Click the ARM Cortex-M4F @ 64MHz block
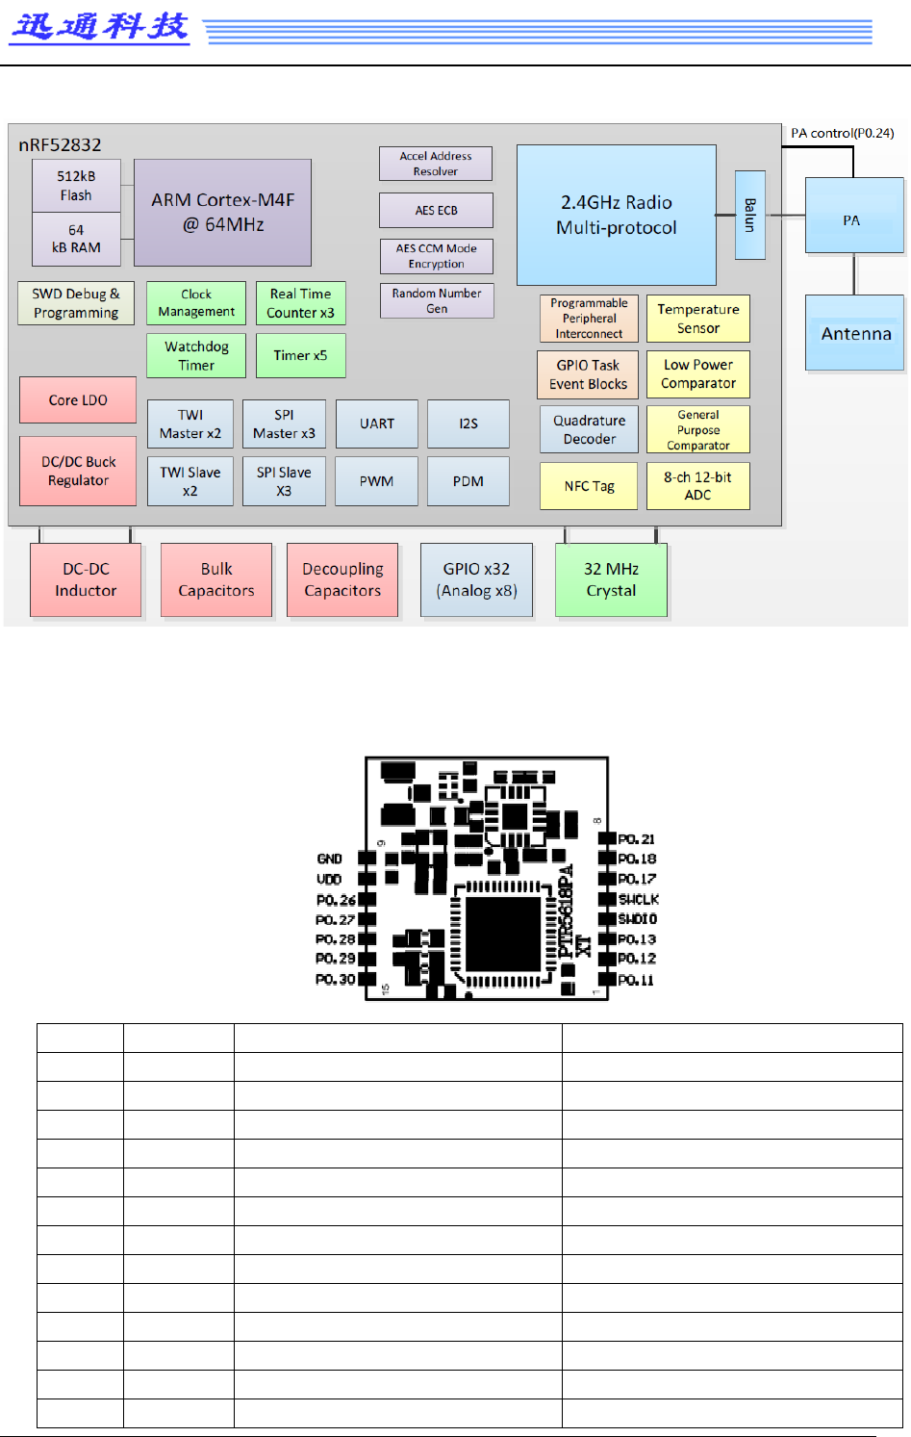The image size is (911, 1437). (222, 213)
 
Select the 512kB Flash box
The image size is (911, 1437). (76, 186)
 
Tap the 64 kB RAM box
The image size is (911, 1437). (76, 239)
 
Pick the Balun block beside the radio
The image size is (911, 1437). (749, 215)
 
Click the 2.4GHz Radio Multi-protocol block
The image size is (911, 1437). (616, 215)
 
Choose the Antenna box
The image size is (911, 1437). (854, 334)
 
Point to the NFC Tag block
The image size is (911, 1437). (589, 486)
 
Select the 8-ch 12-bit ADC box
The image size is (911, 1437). (697, 486)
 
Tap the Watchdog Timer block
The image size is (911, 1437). (196, 355)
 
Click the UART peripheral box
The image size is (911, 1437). (376, 423)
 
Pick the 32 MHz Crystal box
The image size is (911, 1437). (611, 579)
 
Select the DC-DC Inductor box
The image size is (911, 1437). (86, 579)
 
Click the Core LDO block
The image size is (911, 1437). (78, 400)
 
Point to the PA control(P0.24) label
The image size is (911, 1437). (842, 133)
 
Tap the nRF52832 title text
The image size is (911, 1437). (60, 145)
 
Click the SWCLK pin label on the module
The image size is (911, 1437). (638, 899)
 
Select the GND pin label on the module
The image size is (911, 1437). (330, 859)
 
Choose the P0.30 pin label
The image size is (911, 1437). (336, 980)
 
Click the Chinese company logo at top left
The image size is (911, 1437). (99, 26)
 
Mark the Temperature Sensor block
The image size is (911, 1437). (697, 319)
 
